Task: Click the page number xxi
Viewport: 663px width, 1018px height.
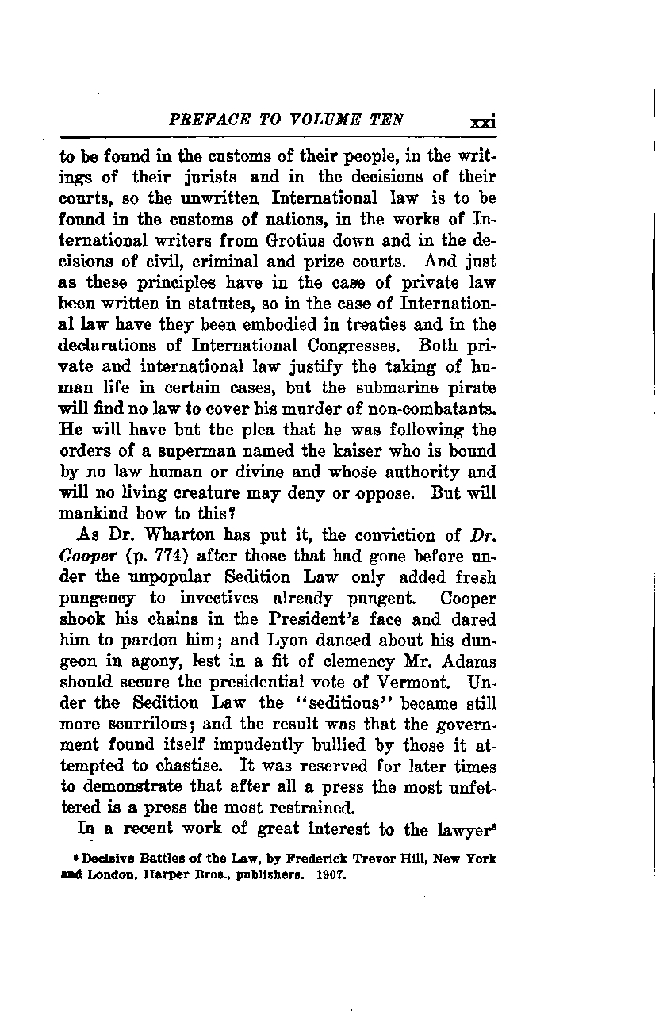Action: pyautogui.click(x=482, y=122)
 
